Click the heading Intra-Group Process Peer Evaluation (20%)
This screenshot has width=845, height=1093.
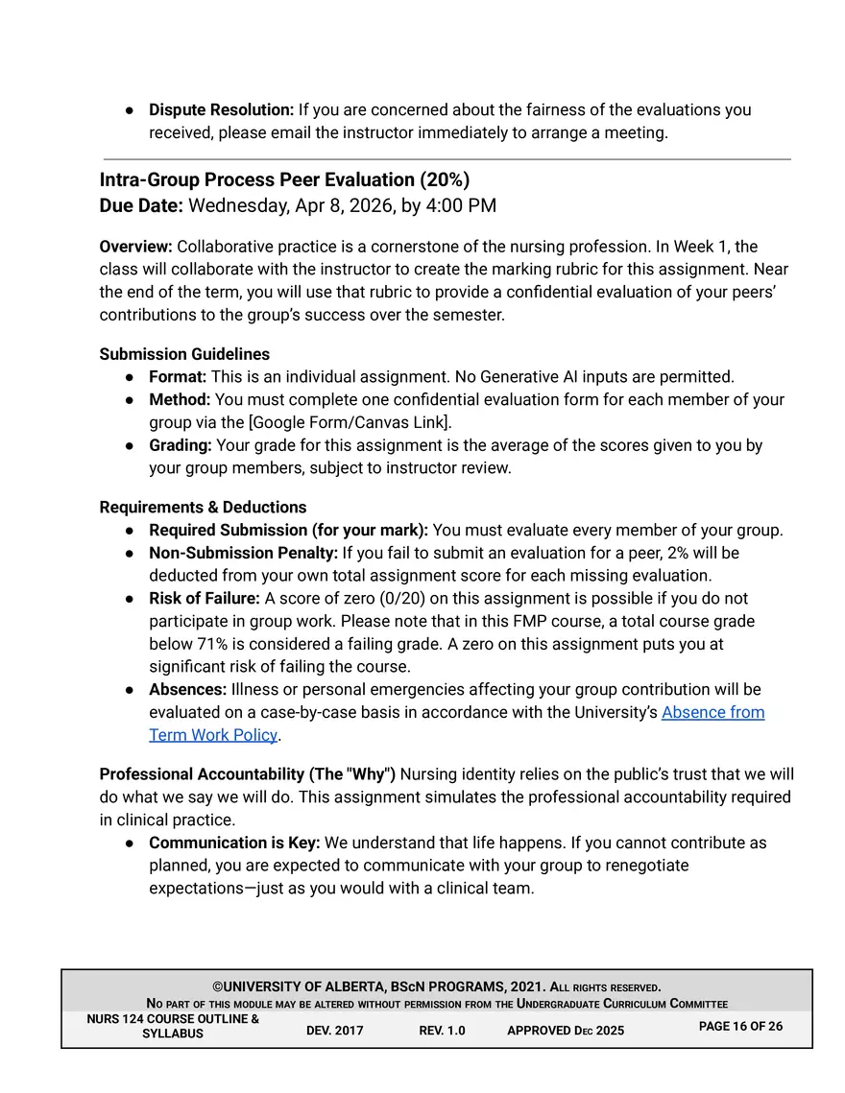click(x=284, y=180)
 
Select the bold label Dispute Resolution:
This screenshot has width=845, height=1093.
click(x=221, y=109)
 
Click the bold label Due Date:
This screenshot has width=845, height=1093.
click(x=141, y=205)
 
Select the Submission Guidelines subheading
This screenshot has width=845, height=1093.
click(x=184, y=354)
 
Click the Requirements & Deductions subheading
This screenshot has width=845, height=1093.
click(x=203, y=507)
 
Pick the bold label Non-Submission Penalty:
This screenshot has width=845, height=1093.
click(x=243, y=553)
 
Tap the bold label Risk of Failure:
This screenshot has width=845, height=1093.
click(x=205, y=599)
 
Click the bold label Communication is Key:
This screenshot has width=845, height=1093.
click(x=234, y=843)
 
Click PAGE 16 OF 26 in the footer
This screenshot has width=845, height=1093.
click(x=740, y=1026)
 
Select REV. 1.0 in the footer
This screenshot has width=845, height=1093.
click(x=442, y=1031)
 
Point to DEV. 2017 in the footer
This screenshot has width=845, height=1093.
click(x=335, y=1031)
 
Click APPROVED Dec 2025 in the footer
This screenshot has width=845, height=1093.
click(x=565, y=1031)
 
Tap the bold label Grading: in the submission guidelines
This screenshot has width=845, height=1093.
click(x=181, y=445)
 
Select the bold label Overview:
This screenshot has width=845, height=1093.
click(x=135, y=247)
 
